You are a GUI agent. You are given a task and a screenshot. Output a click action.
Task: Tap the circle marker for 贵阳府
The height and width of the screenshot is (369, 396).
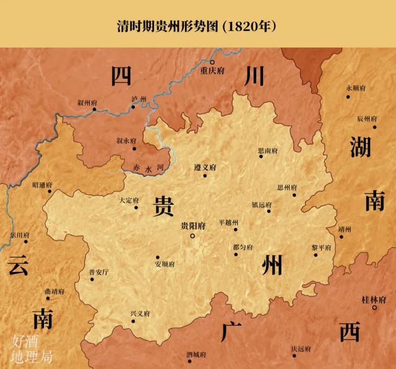[192, 236]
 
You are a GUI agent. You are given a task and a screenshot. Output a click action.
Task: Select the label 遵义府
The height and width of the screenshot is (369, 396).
[205, 167]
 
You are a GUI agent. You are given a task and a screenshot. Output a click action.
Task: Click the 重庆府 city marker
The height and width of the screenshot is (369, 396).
[212, 63]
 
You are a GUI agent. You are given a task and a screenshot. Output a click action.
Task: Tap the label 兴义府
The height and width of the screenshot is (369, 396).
[140, 313]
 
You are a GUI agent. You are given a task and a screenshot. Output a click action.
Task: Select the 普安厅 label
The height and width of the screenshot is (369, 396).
[98, 272]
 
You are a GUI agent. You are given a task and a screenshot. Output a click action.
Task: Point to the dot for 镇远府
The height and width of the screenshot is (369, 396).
[269, 211]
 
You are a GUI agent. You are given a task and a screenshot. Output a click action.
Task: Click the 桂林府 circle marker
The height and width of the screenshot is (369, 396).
[374, 308]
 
